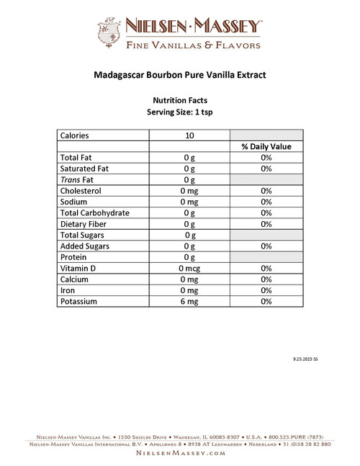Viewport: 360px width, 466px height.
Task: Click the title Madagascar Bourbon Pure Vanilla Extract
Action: click(x=179, y=74)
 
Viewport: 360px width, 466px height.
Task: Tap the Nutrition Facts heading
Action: click(x=179, y=101)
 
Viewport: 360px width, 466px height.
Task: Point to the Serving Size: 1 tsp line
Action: click(x=179, y=112)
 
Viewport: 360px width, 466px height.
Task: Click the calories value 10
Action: click(x=189, y=135)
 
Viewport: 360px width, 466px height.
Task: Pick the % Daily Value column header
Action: click(x=266, y=146)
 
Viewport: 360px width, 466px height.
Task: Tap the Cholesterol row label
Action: click(x=81, y=191)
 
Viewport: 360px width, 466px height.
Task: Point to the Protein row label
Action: click(x=73, y=257)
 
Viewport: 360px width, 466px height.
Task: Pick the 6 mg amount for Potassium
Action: click(x=189, y=301)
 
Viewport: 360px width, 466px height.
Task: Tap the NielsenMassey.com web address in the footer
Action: click(x=179, y=454)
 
